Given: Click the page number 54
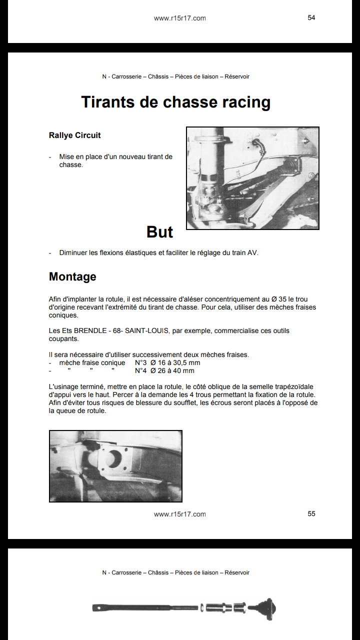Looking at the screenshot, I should [311, 17].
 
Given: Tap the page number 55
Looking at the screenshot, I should [311, 513].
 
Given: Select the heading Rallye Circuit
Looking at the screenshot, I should [74, 135].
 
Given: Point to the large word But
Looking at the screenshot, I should [159, 232].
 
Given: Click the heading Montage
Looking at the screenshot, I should [72, 276].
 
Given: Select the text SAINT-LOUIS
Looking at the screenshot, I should [146, 331].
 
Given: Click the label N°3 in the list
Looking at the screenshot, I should [140, 363].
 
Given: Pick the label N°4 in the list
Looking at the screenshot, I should [140, 371].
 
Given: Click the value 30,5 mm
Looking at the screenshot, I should [184, 363].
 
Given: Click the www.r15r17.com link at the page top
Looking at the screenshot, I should [179, 18].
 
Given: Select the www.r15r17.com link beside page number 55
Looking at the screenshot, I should [179, 514].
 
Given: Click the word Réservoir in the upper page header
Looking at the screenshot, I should [237, 76].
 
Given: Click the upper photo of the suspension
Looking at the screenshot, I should [252, 178].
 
